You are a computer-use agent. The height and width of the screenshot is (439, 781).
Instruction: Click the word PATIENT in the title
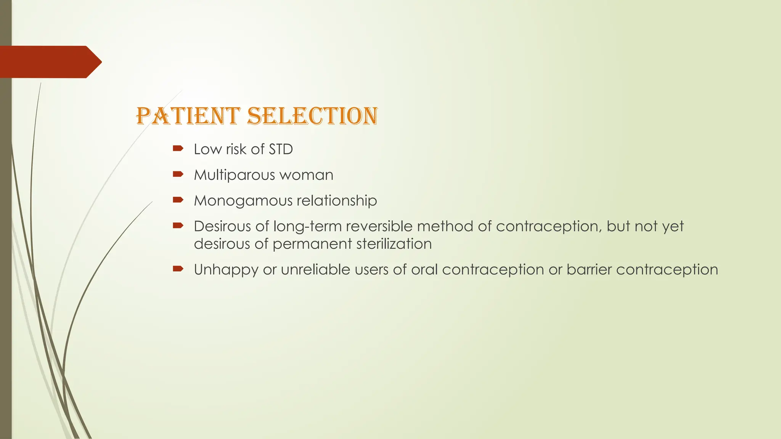tap(188, 116)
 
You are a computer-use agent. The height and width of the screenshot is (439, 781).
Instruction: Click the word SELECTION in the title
tap(312, 116)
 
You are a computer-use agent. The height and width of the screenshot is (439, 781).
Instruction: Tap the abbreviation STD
tap(281, 149)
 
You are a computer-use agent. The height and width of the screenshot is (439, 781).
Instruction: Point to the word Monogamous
tap(242, 201)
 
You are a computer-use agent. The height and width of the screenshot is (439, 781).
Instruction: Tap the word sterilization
tap(394, 244)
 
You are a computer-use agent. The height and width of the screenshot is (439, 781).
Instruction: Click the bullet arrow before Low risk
tap(178, 149)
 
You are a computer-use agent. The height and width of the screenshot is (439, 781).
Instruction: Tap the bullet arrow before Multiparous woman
tap(178, 175)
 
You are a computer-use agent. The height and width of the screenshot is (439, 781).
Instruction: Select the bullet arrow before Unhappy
tap(178, 269)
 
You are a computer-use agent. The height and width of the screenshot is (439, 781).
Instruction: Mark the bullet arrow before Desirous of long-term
tap(178, 226)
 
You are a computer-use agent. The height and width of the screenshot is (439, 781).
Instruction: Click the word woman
tap(307, 175)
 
